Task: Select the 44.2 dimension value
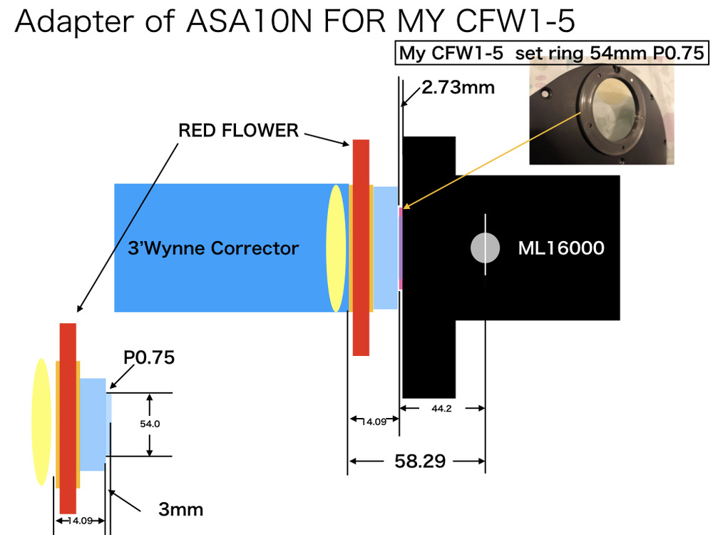pyautogui.click(x=441, y=409)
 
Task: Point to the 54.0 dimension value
pyautogui.click(x=150, y=424)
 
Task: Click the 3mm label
pyautogui.click(x=180, y=509)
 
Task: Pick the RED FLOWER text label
pyautogui.click(x=238, y=130)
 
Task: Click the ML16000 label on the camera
pyautogui.click(x=561, y=248)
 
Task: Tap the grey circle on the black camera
pyautogui.click(x=485, y=248)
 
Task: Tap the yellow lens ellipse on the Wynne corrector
pyautogui.click(x=336, y=248)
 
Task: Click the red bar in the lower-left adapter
pyautogui.click(x=68, y=418)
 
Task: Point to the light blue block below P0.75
pyautogui.click(x=93, y=424)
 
